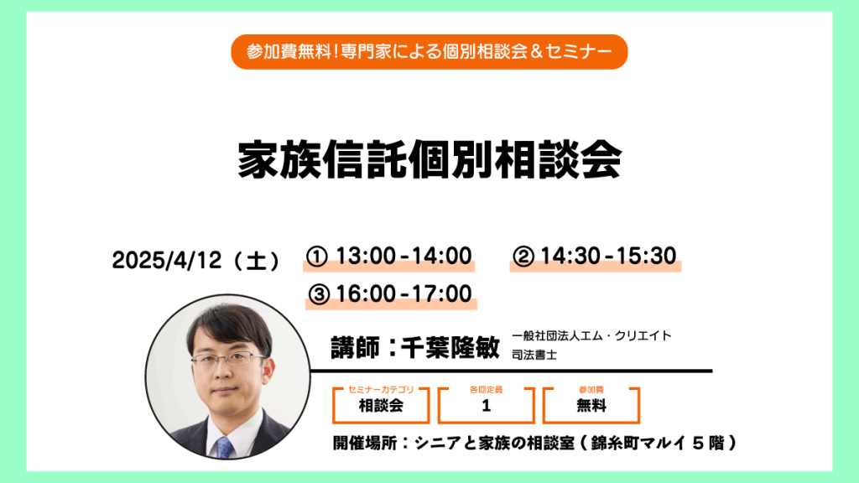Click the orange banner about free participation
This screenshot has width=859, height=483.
pyautogui.click(x=429, y=52)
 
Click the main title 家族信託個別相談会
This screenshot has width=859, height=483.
pyautogui.click(x=429, y=160)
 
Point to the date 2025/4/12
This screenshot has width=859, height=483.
pyautogui.click(x=167, y=260)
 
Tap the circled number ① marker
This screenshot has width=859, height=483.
pyautogui.click(x=316, y=257)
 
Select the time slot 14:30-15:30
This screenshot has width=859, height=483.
pyautogui.click(x=608, y=257)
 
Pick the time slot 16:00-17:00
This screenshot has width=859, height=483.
pyautogui.click(x=403, y=294)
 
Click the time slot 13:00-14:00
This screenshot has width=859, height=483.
pyautogui.click(x=403, y=257)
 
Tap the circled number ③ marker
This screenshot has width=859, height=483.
pyautogui.click(x=319, y=294)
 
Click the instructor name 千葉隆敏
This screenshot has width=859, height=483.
pyautogui.click(x=450, y=347)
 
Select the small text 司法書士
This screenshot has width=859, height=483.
pyautogui.click(x=534, y=355)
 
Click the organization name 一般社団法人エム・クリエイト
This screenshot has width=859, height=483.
pyautogui.click(x=591, y=335)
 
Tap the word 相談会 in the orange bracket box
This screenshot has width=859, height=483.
pyautogui.click(x=381, y=406)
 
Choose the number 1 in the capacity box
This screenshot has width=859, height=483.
pyautogui.click(x=486, y=406)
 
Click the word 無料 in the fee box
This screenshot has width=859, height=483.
pyautogui.click(x=591, y=406)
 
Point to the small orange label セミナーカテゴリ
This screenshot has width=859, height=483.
pyautogui.click(x=381, y=389)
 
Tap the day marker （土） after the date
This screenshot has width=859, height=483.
pyautogui.click(x=257, y=261)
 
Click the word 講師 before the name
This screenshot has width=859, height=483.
pyautogui.click(x=355, y=347)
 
